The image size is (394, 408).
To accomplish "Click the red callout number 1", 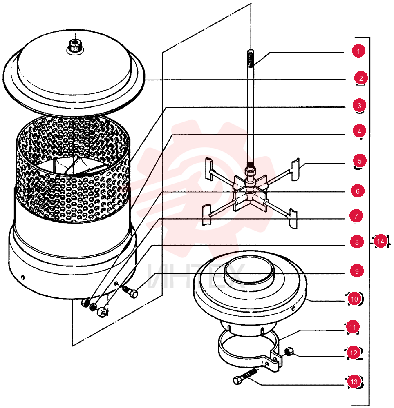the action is coord(358,51).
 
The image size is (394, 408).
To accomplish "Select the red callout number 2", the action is coord(360,78).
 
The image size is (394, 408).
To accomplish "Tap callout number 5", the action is coord(360,161).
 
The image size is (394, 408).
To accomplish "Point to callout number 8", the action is coord(357,242).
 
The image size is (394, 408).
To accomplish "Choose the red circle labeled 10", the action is coord(354,299).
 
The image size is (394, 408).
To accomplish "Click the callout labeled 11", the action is coord(353,327).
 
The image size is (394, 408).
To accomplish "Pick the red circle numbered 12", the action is coord(354,353).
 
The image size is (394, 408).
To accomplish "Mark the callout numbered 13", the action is coord(354,381).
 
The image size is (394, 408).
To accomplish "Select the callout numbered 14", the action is coord(381,242).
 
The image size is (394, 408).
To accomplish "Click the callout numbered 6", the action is coord(358,191).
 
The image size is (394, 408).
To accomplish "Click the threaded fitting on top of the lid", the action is coord(75,46).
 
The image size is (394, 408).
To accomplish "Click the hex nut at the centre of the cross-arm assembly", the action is coord(250,172).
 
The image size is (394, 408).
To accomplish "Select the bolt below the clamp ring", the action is coord(245,377).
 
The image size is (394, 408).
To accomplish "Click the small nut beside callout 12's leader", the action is coord(289,352).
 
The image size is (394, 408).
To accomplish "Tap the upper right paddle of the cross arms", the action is coord(295,169).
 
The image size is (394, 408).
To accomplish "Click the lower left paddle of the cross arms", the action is coord(207,215).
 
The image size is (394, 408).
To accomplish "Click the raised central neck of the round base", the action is coord(249,272).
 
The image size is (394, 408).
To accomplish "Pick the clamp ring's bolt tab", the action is coord(276,359).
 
